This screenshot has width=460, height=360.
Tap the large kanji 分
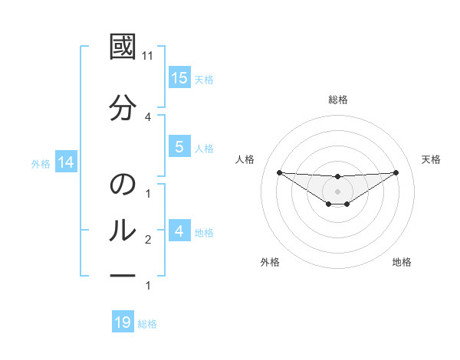[123, 109]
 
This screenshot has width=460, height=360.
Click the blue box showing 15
[179, 78]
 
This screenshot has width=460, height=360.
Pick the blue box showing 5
[179, 147]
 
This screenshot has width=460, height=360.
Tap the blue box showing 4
[179, 231]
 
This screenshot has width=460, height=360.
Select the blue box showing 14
[66, 162]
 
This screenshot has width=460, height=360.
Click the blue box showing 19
[123, 322]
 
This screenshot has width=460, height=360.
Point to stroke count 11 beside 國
[148, 56]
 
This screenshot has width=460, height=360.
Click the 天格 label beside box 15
[203, 79]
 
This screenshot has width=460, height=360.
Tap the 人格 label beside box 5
[203, 148]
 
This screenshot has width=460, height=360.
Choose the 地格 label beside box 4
[203, 232]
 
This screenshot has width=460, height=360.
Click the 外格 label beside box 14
[41, 163]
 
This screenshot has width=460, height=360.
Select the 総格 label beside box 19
[147, 323]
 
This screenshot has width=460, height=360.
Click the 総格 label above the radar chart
[337, 100]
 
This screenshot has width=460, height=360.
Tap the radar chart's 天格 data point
[396, 172]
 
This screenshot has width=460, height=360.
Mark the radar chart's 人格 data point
[279, 172]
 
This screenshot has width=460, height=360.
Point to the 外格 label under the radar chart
[270, 263]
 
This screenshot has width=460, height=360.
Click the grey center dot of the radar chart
[337, 191]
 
